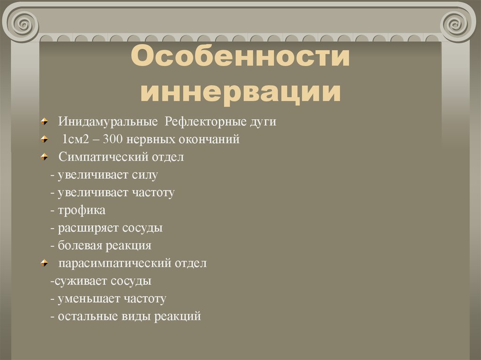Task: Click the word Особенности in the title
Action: coord(240,58)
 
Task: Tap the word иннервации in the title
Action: coord(240,91)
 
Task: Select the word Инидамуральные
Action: coord(108,122)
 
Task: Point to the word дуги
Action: coord(263,122)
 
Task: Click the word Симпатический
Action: coord(101,157)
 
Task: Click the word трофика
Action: coord(82,210)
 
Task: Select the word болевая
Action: coord(81,245)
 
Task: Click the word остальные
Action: coord(88,316)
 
